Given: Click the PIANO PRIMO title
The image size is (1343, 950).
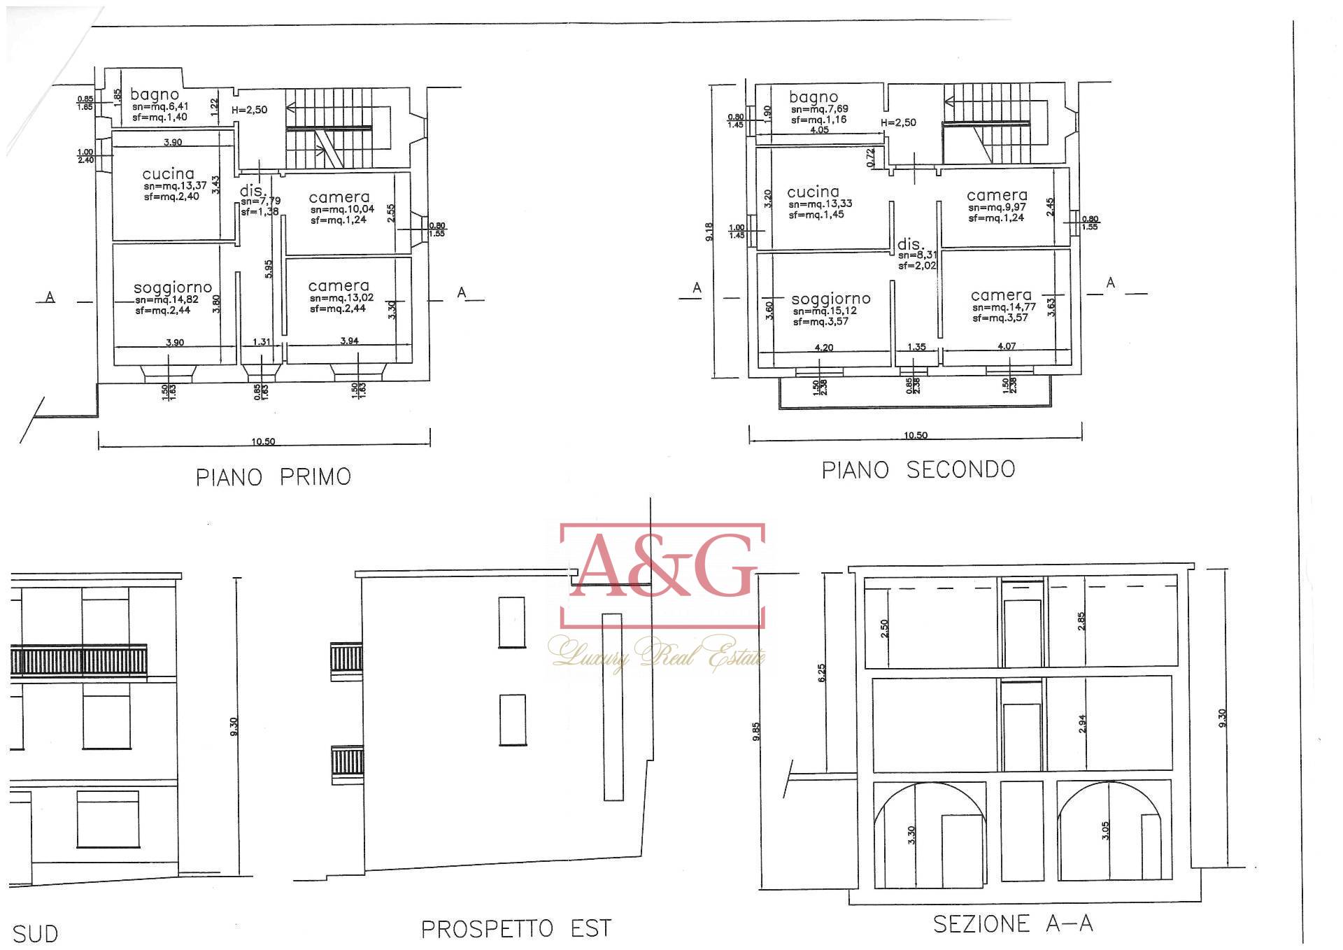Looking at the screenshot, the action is click(273, 477).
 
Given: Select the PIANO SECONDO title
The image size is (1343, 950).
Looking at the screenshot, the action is click(918, 469).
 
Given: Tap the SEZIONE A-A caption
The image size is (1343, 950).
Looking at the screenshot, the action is click(1013, 924).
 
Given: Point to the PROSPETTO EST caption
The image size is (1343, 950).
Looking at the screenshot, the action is click(516, 929).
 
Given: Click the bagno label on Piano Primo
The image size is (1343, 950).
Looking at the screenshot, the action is click(155, 94).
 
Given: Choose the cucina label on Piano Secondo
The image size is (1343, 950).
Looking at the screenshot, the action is click(813, 192).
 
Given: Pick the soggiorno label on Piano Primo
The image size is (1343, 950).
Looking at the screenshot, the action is click(173, 288).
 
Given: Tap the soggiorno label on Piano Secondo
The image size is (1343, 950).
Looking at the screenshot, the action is click(831, 299).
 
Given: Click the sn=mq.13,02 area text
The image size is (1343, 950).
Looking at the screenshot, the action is click(341, 297).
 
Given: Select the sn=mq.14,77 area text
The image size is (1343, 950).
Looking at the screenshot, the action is click(1004, 307).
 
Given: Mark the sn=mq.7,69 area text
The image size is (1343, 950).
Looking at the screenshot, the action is click(819, 109).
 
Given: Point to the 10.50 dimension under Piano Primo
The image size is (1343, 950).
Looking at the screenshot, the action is click(263, 441).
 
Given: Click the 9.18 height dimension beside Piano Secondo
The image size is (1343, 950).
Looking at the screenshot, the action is click(709, 232).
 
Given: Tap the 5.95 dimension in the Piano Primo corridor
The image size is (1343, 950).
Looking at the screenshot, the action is click(269, 269).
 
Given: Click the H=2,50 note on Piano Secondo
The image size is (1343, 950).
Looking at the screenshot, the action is click(898, 122).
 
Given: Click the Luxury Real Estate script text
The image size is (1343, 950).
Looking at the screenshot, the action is click(656, 654).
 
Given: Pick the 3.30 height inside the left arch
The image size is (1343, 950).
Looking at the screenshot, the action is click(911, 835).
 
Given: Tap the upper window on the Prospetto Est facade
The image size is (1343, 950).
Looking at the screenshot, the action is click(511, 622).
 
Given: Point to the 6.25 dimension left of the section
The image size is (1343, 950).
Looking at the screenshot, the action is click(822, 672).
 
